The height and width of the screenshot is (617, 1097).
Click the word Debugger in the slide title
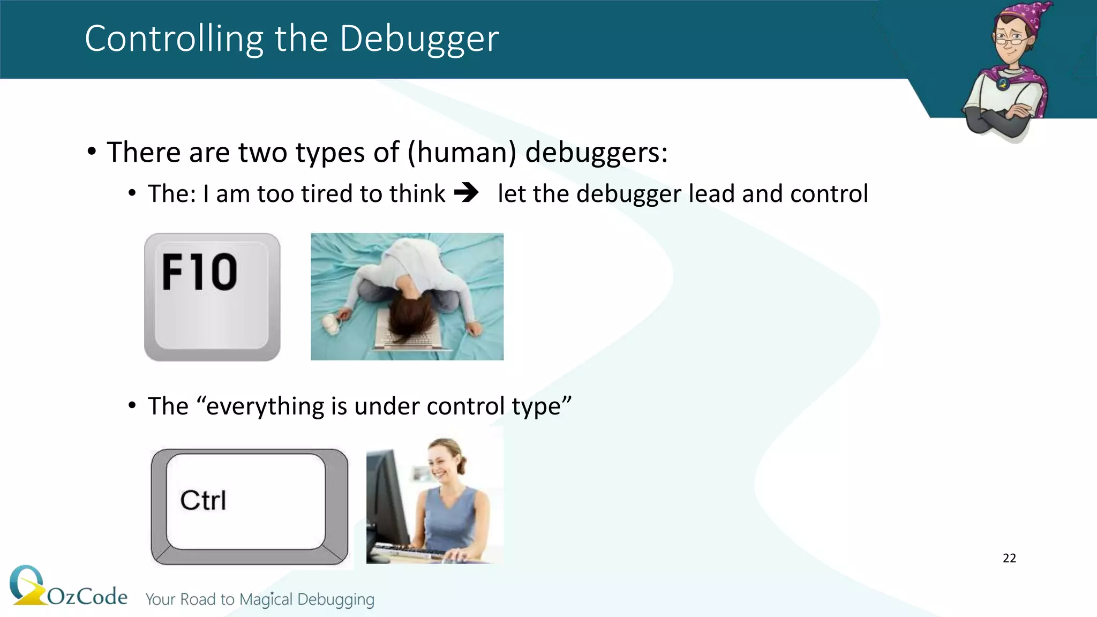click(x=419, y=39)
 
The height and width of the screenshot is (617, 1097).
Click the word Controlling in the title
click(x=174, y=39)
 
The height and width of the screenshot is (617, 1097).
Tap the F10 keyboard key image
click(x=212, y=297)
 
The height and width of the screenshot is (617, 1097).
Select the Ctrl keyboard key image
click(x=249, y=506)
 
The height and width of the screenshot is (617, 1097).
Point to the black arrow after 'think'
click(x=467, y=192)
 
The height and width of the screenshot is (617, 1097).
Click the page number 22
click(x=1009, y=558)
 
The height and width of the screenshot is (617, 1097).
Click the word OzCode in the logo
click(x=87, y=596)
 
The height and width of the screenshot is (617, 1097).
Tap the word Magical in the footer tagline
click(x=266, y=599)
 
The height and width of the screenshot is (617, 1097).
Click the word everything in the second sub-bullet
click(x=266, y=406)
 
